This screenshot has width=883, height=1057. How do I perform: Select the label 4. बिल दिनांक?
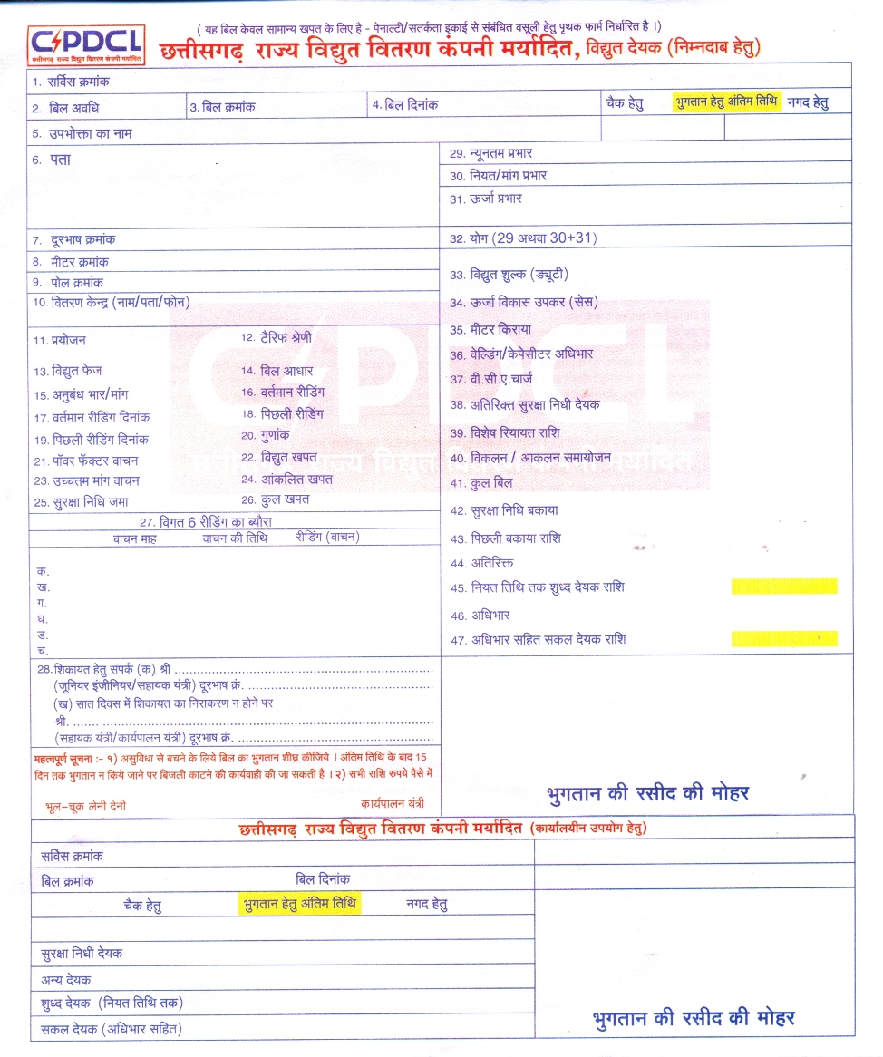click(405, 105)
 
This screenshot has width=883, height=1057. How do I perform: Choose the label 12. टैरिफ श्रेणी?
click(277, 337)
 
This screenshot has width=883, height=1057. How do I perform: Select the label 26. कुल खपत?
click(276, 499)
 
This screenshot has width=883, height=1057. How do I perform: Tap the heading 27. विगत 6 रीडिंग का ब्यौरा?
click(206, 521)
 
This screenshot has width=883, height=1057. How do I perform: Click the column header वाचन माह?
click(136, 538)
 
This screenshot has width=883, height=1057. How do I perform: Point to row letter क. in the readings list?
click(42, 571)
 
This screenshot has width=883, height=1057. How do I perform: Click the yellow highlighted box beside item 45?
click(784, 587)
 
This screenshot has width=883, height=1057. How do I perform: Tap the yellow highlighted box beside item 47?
click(784, 638)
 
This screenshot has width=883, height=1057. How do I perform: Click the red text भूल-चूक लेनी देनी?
click(85, 805)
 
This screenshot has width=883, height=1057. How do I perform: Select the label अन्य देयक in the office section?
click(66, 979)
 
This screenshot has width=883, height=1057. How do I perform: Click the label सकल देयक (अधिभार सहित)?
click(112, 1029)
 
